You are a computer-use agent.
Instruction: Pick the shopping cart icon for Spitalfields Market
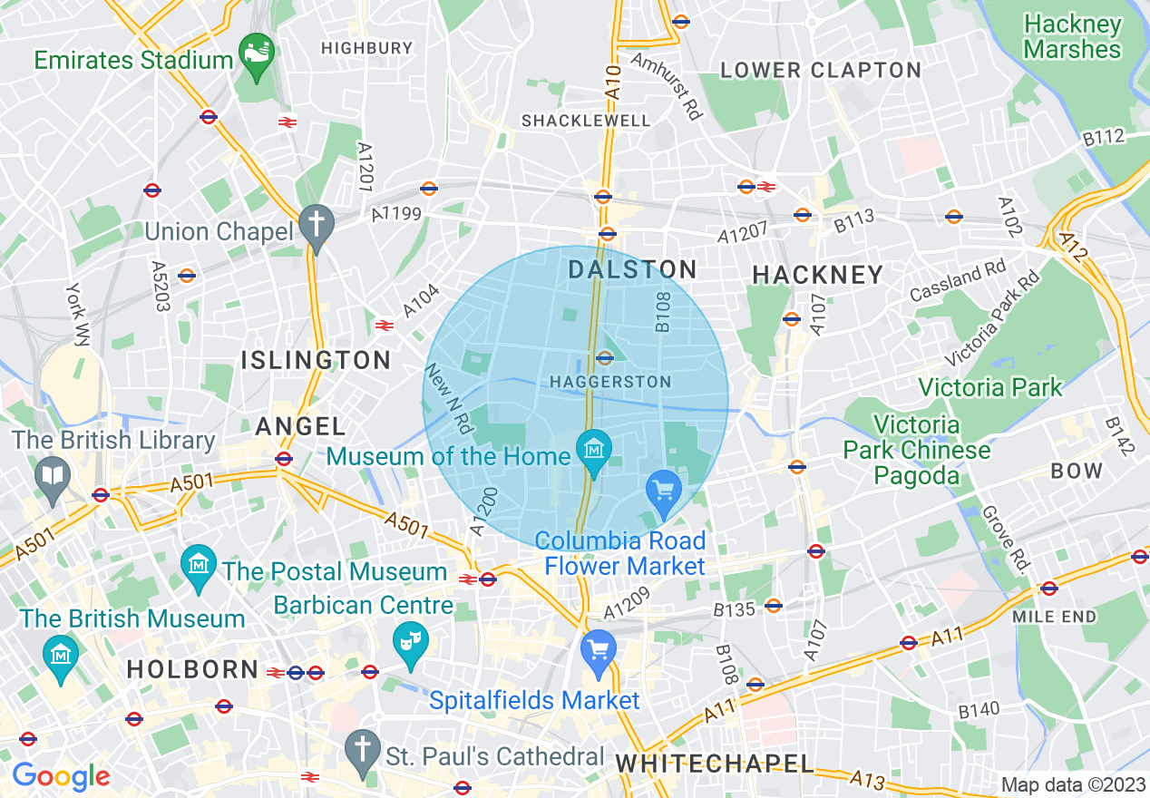598,649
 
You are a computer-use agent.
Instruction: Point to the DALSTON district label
632,269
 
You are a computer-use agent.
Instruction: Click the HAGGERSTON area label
610,382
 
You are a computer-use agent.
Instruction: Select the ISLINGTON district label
316,360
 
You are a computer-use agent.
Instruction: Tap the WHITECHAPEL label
715,763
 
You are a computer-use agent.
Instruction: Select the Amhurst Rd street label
667,86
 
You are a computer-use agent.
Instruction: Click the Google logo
60,776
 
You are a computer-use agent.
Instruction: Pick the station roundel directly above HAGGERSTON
605,357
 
